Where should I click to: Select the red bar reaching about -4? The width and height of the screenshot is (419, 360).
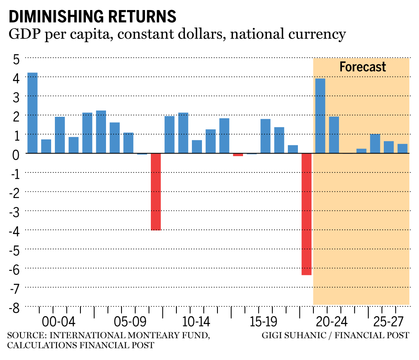[x=156, y=192]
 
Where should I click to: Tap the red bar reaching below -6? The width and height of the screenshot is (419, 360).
[x=306, y=214]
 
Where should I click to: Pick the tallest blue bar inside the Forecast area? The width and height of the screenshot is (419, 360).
[x=320, y=116]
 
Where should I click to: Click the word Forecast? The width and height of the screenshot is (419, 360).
[x=362, y=67]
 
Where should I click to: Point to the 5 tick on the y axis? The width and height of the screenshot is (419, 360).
[x=16, y=59]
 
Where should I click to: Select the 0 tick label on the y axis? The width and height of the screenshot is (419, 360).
[x=16, y=154]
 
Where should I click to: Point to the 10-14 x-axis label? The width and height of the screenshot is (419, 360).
[x=196, y=323]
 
